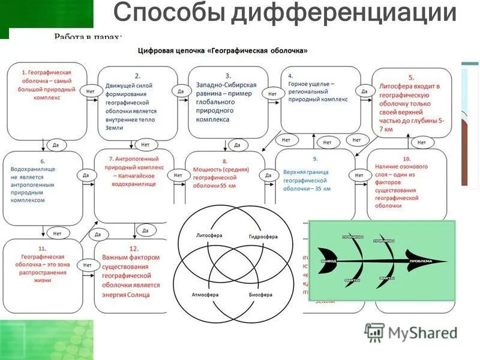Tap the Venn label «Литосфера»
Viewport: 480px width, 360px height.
click(209, 235)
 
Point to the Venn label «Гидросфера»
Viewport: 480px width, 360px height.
click(263, 236)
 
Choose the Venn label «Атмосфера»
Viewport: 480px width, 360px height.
click(205, 295)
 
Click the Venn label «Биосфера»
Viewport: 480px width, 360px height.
click(260, 295)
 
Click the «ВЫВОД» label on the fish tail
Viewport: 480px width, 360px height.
click(328, 262)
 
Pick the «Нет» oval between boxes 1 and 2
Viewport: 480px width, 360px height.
click(91, 91)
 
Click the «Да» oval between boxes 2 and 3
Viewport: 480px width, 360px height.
click(180, 91)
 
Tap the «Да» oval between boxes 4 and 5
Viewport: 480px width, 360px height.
click(364, 91)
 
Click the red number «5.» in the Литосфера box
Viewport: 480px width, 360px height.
click(411, 77)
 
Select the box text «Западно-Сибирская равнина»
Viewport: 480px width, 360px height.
click(226, 88)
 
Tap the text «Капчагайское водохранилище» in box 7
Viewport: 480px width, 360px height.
click(132, 180)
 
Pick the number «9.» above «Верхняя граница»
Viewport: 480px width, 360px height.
click(314, 159)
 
